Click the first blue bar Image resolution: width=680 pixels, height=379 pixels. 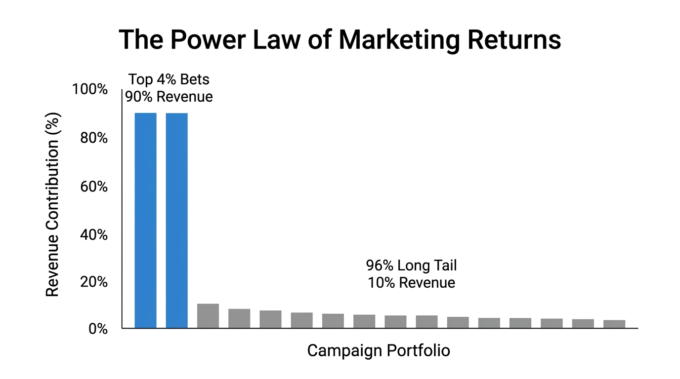click(x=145, y=220)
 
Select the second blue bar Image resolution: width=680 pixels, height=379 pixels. click(x=176, y=220)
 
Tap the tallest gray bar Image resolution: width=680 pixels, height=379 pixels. click(x=208, y=316)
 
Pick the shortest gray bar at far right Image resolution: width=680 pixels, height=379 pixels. click(x=614, y=324)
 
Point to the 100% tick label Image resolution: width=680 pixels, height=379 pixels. click(x=89, y=90)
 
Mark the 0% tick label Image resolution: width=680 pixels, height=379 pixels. click(x=98, y=329)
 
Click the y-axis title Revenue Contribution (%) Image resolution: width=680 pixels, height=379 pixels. click(x=52, y=205)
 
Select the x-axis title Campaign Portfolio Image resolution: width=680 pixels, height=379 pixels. click(x=379, y=351)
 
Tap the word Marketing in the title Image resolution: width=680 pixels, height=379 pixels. click(x=398, y=40)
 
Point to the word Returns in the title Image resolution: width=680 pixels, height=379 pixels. click(x=512, y=40)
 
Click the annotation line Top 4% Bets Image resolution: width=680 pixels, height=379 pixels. click(x=169, y=79)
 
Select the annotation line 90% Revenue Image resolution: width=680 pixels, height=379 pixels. click(x=169, y=96)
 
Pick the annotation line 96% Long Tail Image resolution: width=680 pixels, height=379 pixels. click(x=411, y=265)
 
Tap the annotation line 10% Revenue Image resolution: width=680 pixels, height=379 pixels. click(x=411, y=283)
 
